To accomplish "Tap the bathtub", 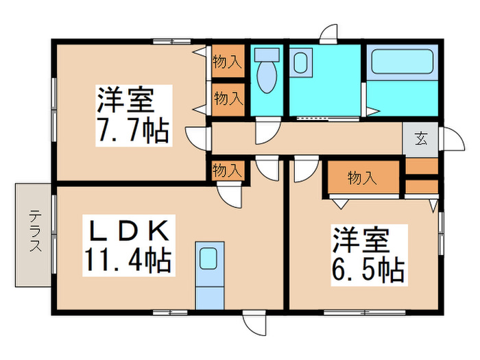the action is coord(402,62).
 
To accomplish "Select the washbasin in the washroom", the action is coord(301,62).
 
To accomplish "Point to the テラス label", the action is coord(35,230).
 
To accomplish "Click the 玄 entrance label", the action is coord(421,139).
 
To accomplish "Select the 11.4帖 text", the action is coord(128,260).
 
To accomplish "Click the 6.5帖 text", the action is coord(369,269).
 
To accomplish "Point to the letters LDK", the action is coord(129,231).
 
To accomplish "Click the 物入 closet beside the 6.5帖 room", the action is coord(363,178).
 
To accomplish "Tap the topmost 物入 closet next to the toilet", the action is coord(228,62).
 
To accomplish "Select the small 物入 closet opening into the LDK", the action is coord(228,170).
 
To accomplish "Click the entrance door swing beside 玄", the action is coord(453,139).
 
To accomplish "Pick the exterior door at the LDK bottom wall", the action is coord(254,323).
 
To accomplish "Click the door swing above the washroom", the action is coord(328,34).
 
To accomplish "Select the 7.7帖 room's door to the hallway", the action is coord(197,139).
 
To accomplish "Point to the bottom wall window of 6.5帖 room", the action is coord(365,313).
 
